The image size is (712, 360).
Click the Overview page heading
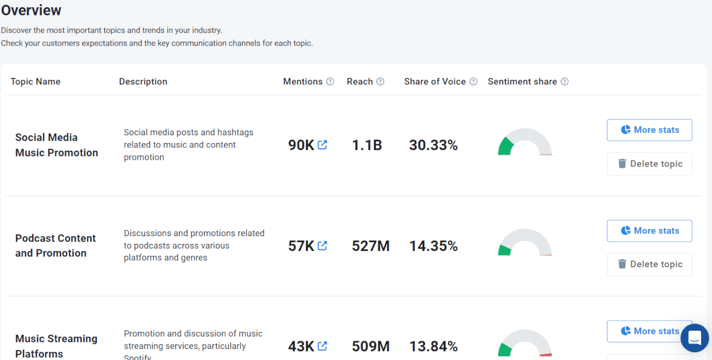pos(31,10)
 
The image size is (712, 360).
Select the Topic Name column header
pos(36,82)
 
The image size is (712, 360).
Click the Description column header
pos(143,82)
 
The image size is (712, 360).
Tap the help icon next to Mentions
pos(330,82)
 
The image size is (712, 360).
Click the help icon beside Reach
pos(380,82)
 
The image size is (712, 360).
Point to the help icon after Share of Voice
pos(474,82)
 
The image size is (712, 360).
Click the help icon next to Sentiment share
pos(565,82)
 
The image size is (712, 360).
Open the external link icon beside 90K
pos(323,145)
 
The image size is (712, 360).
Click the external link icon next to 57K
pos(323,245)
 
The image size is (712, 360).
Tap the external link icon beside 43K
pos(323,346)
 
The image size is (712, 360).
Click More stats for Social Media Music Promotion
pos(649,130)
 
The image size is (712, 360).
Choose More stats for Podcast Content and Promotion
pos(649,231)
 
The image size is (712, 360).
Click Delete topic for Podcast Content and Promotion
pos(649,264)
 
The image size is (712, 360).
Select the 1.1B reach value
pos(366,145)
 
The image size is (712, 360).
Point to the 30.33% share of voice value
pos(433,145)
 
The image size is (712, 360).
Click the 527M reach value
pos(370,246)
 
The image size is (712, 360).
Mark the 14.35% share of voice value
pos(433,246)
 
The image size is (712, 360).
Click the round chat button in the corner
pos(694,338)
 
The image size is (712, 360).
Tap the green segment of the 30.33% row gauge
pos(504,147)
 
